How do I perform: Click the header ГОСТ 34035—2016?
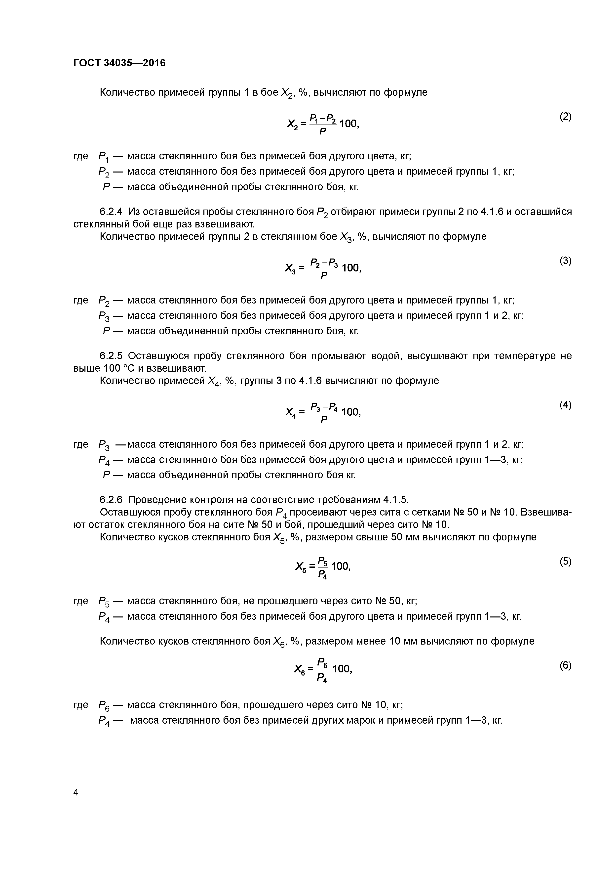119,63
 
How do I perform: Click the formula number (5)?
565,561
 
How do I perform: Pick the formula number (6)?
565,665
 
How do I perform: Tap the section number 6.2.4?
112,212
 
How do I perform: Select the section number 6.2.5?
112,356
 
